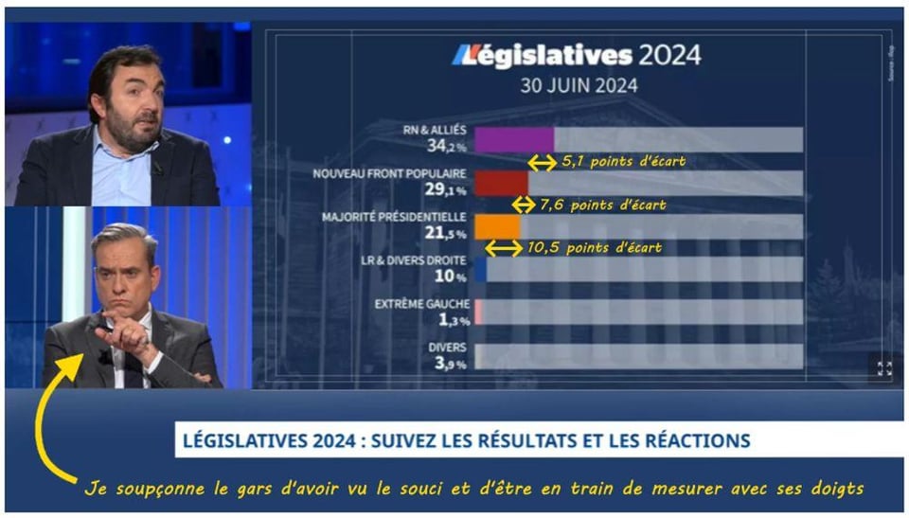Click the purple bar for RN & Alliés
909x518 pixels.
tap(513, 139)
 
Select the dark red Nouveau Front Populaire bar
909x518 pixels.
tap(501, 183)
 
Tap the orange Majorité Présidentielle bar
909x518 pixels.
tap(497, 226)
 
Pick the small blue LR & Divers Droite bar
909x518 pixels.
tap(481, 270)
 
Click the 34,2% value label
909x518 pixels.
tap(446, 147)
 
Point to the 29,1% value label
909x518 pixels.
tap(446, 189)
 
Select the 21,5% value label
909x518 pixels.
tap(446, 233)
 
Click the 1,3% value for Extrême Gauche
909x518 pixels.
tap(449, 320)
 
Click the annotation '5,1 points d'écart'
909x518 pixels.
tap(622, 162)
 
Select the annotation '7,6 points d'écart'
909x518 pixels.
tap(602, 205)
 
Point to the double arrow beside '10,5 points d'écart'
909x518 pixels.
tap(504, 248)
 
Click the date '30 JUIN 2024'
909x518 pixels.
tap(578, 84)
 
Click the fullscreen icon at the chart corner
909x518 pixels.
tap(884, 368)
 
